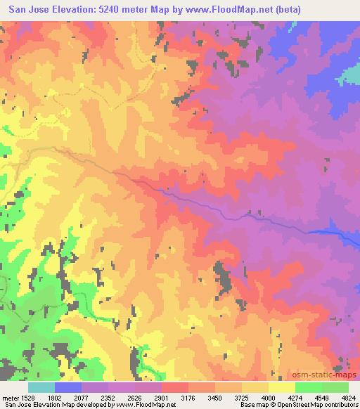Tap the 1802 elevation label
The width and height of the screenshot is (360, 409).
(53, 397)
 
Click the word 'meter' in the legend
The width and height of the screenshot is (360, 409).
(9, 397)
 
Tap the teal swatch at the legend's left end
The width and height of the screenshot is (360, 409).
(41, 387)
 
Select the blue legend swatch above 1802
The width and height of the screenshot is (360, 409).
(68, 387)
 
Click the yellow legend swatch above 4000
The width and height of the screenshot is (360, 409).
(281, 387)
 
